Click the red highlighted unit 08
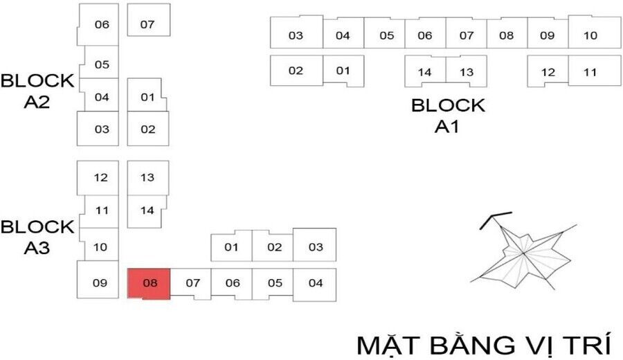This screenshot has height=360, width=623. pos(149,283)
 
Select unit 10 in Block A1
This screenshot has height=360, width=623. pos(590,35)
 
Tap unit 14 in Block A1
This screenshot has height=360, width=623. pos(424,72)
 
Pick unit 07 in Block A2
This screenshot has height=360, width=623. pos(147,24)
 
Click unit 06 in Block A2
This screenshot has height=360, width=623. pos(102,24)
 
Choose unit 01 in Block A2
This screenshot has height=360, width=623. pos(147,97)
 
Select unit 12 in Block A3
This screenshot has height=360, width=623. pos(101,178)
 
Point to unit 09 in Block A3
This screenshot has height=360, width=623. pos(100,282)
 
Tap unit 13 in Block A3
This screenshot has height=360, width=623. pos(147,177)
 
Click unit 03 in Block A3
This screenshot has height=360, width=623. pos(316,247)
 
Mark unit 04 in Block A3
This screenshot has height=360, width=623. pos(316,282)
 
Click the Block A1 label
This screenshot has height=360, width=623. pos(448,116)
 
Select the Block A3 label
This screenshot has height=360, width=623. pos(37,237)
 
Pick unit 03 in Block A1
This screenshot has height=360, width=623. pos(296,35)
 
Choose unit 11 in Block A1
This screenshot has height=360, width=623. pos(590,72)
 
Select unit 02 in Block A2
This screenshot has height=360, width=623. pos(147,129)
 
